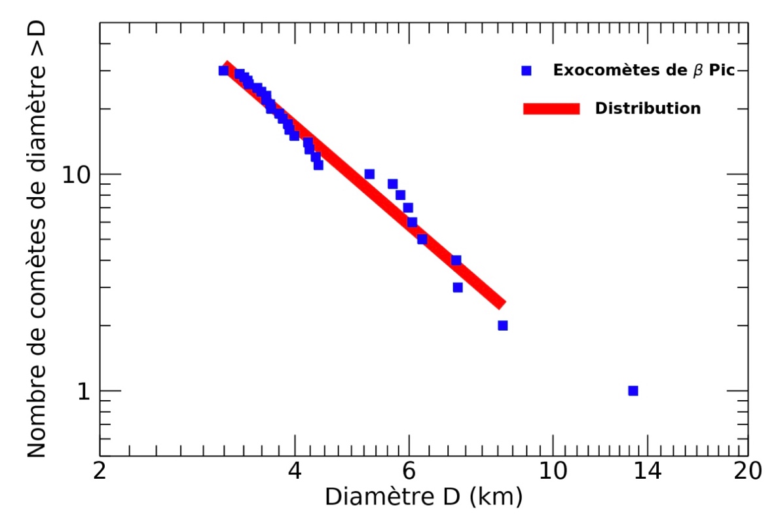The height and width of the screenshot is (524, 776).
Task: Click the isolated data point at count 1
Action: (633, 390)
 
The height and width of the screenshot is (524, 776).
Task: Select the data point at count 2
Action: (502, 326)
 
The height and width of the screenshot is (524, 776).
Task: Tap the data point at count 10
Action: (369, 174)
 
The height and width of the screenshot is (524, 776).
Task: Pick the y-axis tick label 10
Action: (77, 174)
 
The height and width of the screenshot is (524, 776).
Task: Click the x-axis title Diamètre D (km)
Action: (423, 497)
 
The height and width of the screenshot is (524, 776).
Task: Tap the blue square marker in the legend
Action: (526, 71)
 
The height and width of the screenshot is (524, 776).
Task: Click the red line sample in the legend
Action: (551, 109)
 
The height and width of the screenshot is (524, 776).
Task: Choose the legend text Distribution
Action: (647, 109)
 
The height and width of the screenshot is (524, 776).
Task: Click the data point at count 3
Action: (458, 287)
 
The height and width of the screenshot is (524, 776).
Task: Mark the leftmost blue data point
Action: (223, 71)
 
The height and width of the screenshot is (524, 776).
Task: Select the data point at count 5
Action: (422, 239)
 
